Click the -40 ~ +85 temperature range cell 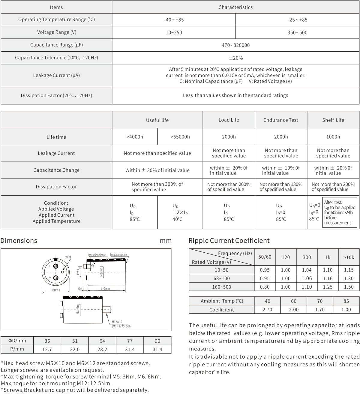(174, 20)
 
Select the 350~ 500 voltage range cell (297, 32)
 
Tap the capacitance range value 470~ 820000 (235, 45)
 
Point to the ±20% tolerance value (235, 58)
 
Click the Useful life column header (157, 120)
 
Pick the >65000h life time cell (180, 137)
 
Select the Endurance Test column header (281, 120)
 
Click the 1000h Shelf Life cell (333, 137)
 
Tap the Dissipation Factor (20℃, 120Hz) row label (56, 95)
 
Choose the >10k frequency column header (349, 257)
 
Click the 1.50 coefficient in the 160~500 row (349, 287)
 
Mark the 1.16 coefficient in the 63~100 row (328, 278)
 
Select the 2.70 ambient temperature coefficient (267, 310)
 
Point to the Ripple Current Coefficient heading (229, 241)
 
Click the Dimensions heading (19, 241)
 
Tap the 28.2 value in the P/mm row (102, 349)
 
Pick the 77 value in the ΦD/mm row (130, 341)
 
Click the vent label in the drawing (68, 257)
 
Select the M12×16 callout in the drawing (117, 322)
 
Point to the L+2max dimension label (106, 289)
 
